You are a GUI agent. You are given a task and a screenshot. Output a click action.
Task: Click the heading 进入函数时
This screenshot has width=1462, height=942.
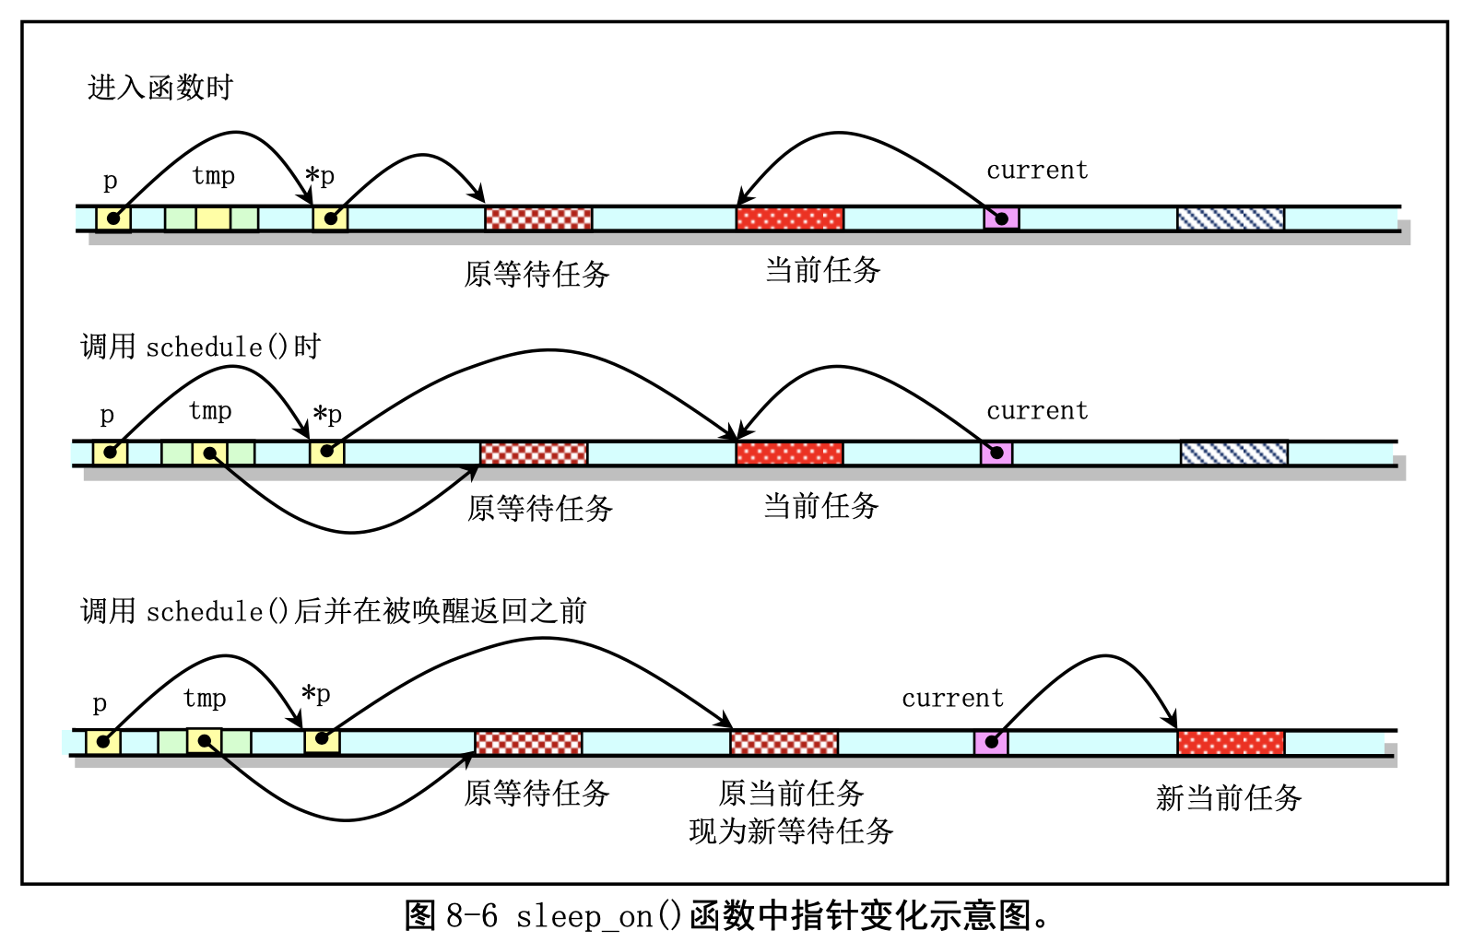click(x=160, y=88)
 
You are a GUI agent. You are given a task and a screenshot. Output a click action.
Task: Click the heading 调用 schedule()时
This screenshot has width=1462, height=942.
click(x=200, y=347)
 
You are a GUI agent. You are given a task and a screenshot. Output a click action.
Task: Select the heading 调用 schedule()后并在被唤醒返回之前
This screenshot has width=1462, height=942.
click(x=333, y=611)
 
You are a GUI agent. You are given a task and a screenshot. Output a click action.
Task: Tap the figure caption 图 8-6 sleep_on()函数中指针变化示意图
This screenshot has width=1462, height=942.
click(x=727, y=915)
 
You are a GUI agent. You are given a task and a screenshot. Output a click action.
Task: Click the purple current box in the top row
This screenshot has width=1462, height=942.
click(x=1001, y=219)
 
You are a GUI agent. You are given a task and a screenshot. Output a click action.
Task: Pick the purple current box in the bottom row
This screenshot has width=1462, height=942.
click(x=991, y=742)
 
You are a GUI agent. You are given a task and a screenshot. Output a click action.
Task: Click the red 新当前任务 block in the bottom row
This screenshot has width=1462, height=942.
click(x=1231, y=742)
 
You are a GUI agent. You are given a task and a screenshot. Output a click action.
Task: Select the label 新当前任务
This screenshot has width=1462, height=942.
click(x=1228, y=797)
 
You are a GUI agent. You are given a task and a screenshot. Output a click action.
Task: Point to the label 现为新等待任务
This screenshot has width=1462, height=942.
click(x=791, y=830)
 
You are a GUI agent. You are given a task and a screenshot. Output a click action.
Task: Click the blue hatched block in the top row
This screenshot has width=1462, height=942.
click(x=1231, y=219)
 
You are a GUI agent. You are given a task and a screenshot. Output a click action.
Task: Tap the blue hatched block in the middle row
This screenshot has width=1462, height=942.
click(x=1233, y=453)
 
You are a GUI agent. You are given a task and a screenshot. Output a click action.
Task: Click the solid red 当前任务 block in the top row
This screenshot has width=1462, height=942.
click(x=790, y=219)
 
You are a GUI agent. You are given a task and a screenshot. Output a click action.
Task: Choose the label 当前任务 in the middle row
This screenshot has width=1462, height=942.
click(x=820, y=506)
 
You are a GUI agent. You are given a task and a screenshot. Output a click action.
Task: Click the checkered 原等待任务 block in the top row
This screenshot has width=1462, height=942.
click(x=538, y=219)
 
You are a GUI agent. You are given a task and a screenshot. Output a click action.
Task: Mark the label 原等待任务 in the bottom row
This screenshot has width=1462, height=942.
click(x=536, y=793)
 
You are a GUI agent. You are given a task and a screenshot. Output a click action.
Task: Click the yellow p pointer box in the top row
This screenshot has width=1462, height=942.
click(x=112, y=219)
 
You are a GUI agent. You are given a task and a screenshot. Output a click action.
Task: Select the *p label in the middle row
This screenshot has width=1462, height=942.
click(x=327, y=415)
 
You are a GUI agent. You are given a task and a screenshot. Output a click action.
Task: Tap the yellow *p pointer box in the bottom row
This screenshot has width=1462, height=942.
click(x=322, y=740)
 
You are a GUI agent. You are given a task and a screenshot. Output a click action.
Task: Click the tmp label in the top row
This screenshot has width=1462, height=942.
click(x=213, y=175)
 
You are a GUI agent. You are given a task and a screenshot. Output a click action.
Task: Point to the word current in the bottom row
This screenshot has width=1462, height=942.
click(x=952, y=699)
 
